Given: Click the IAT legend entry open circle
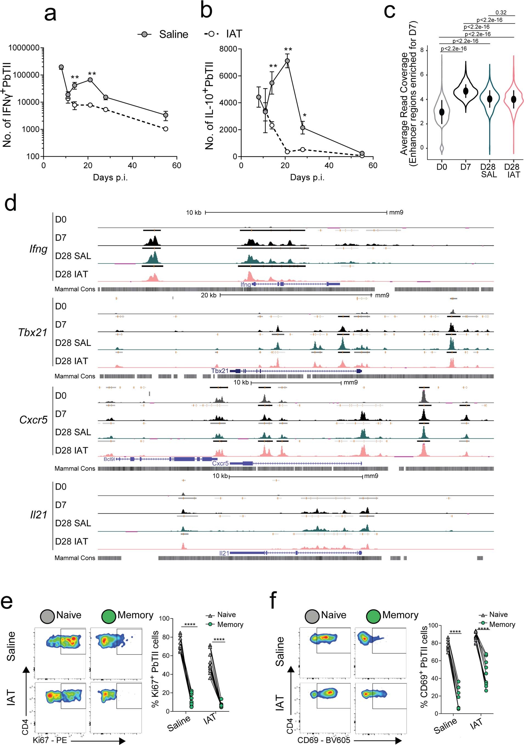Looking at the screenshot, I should tap(211, 33).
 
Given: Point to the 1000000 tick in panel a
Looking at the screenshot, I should tap(24, 48).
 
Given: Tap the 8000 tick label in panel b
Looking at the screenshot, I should tap(228, 49).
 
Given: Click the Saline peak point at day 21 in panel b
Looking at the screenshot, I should tap(287, 61).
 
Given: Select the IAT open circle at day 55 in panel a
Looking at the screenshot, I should tap(166, 129).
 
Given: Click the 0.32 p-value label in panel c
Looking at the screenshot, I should tap(501, 13).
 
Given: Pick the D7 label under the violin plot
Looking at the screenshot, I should tap(465, 167).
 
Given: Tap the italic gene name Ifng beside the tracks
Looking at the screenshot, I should tap(38, 249).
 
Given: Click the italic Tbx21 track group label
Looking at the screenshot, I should tap(33, 333).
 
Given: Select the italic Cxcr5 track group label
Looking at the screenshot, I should tap(33, 420).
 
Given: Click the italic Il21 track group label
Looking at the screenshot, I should tap(38, 515).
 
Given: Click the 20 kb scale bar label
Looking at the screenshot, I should tap(209, 295).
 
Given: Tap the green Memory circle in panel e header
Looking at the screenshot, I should tap(108, 616).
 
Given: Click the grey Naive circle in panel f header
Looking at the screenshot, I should tap(312, 616).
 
